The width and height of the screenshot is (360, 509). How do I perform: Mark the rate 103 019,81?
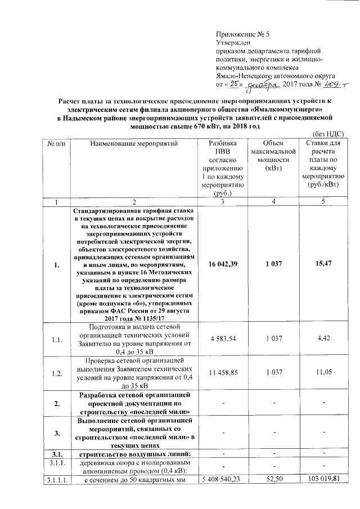tap(323, 479)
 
